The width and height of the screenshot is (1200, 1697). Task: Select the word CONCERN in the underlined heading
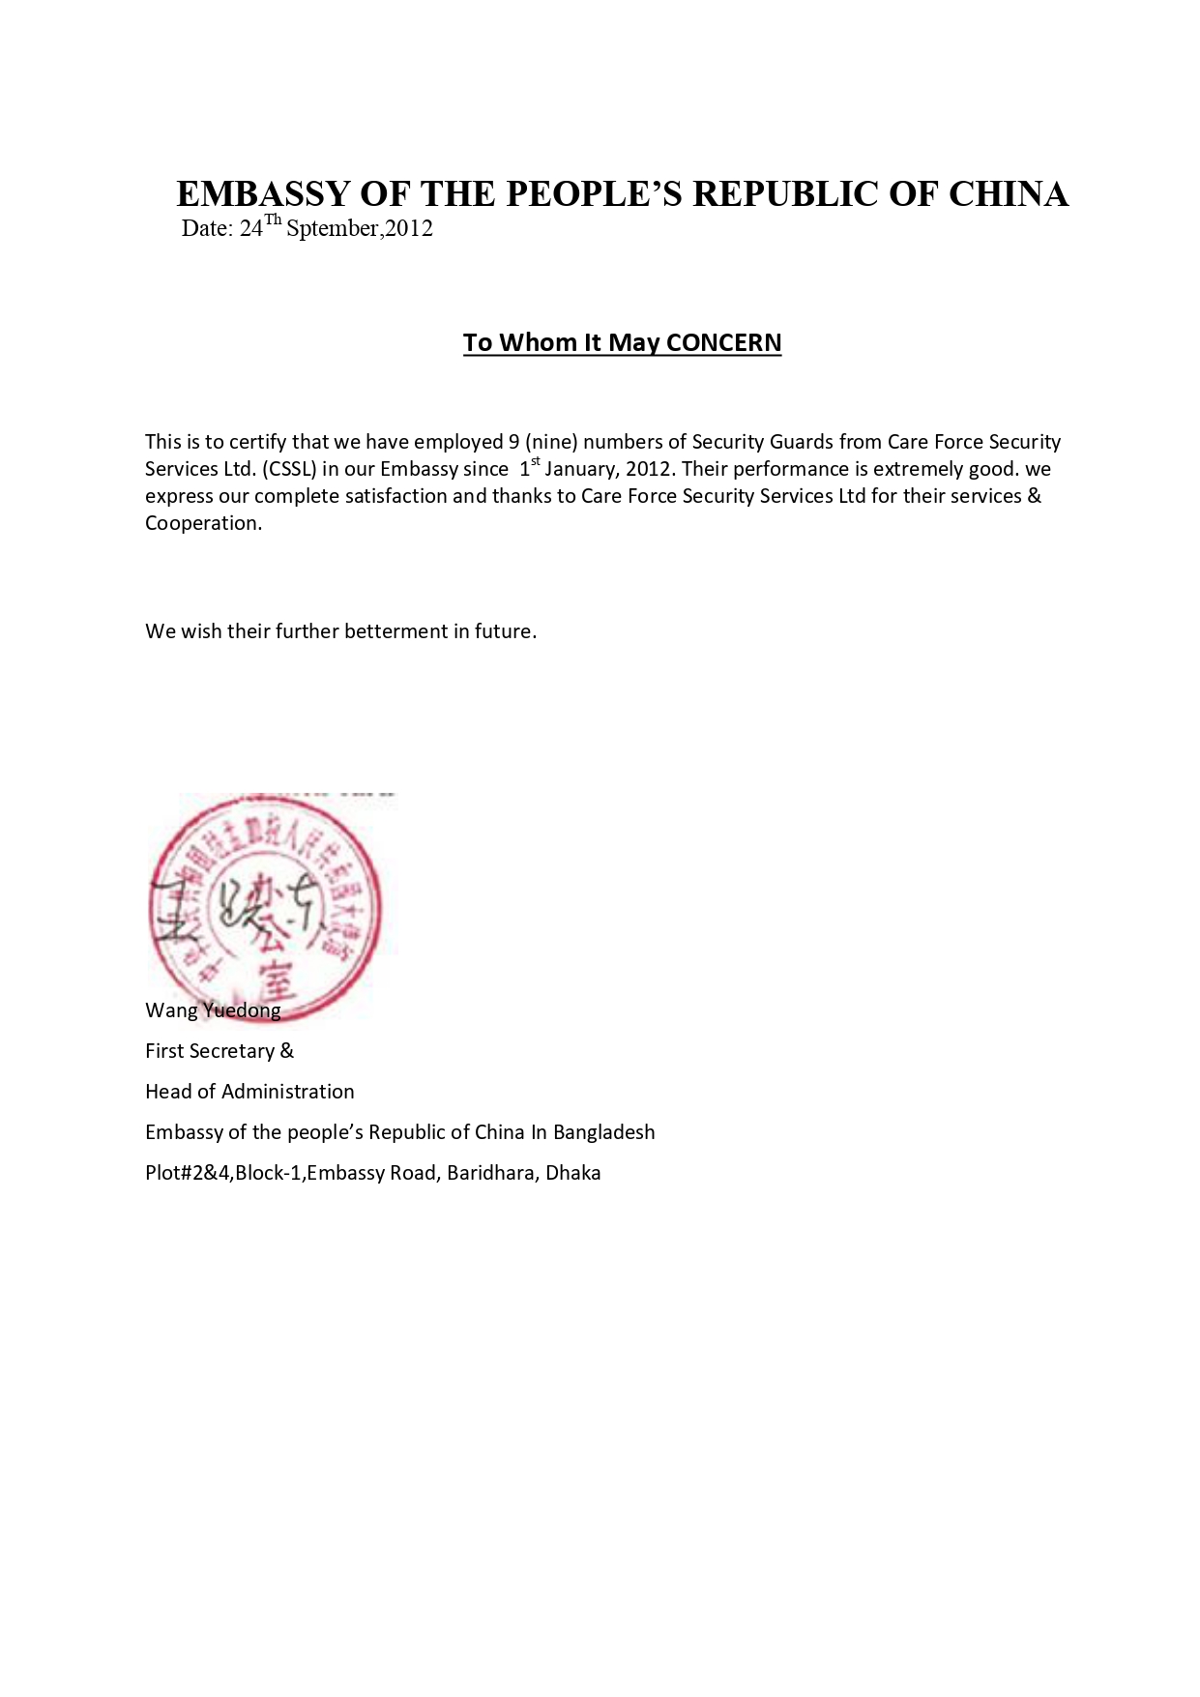pyautogui.click(x=723, y=342)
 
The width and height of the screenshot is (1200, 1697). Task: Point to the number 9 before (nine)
pyautogui.click(x=513, y=442)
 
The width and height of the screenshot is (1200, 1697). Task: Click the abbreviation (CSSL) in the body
pyautogui.click(x=289, y=469)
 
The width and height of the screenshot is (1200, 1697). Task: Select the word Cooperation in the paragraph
pyautogui.click(x=202, y=523)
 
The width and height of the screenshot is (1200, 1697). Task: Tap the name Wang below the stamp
pyautogui.click(x=171, y=1010)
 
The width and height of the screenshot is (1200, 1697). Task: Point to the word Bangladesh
pyautogui.click(x=604, y=1132)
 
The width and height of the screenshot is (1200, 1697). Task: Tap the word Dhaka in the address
pyautogui.click(x=573, y=1173)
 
